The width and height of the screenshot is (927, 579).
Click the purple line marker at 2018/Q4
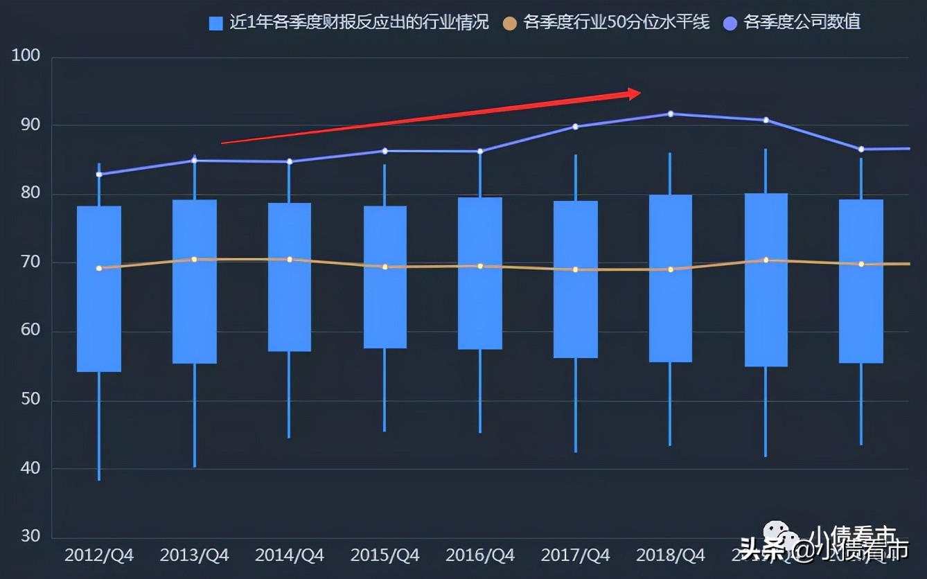click(670, 114)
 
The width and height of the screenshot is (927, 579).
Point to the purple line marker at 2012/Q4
click(99, 175)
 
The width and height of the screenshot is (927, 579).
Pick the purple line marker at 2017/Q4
click(576, 127)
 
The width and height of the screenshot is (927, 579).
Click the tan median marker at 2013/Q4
click(194, 260)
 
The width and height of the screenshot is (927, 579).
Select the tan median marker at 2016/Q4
click(480, 266)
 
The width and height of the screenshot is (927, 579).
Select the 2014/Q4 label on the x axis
click(289, 555)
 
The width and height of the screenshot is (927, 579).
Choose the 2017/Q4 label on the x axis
click(575, 555)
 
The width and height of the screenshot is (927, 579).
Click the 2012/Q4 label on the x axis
click(99, 555)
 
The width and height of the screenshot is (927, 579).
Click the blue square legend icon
click(216, 24)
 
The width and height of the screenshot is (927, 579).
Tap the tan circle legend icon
click(510, 24)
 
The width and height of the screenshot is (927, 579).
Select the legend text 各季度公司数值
click(802, 22)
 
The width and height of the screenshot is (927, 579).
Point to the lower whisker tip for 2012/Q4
click(99, 479)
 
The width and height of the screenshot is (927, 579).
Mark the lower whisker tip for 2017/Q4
click(576, 452)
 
